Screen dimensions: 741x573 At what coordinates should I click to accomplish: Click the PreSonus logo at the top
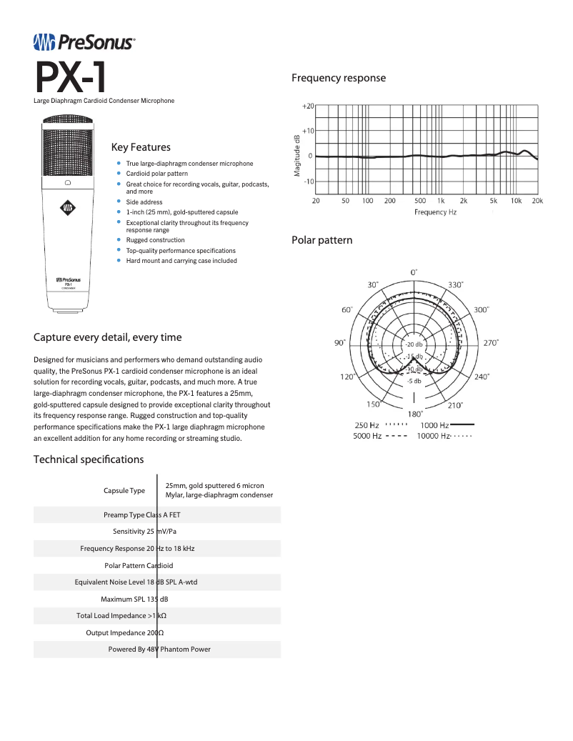pos(84,43)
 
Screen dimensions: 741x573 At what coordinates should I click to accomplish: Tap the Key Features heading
pos(141,147)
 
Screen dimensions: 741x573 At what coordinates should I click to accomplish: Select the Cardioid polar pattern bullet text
pos(157,174)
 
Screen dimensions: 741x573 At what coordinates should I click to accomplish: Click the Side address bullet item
pos(144,202)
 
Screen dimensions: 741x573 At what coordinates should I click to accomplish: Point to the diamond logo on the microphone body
pos(67,209)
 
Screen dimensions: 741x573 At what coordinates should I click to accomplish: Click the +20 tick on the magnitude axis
pos(307,106)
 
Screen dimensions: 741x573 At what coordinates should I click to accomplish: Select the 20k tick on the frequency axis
pos(537,201)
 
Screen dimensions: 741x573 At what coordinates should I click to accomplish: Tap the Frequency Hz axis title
pos(435,212)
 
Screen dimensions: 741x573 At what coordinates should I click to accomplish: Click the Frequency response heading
pos(339,78)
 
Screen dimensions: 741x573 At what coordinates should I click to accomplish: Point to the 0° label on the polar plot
pos(414,272)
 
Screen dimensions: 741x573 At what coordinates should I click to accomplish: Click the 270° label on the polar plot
pos(491,343)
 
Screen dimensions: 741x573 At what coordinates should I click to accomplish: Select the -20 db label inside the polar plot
pos(414,345)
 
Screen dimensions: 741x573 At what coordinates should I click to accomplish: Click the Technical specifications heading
pos(89,459)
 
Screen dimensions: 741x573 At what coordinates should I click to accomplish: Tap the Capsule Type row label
pos(124,490)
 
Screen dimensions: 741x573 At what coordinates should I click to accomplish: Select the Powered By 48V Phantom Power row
pos(159,650)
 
